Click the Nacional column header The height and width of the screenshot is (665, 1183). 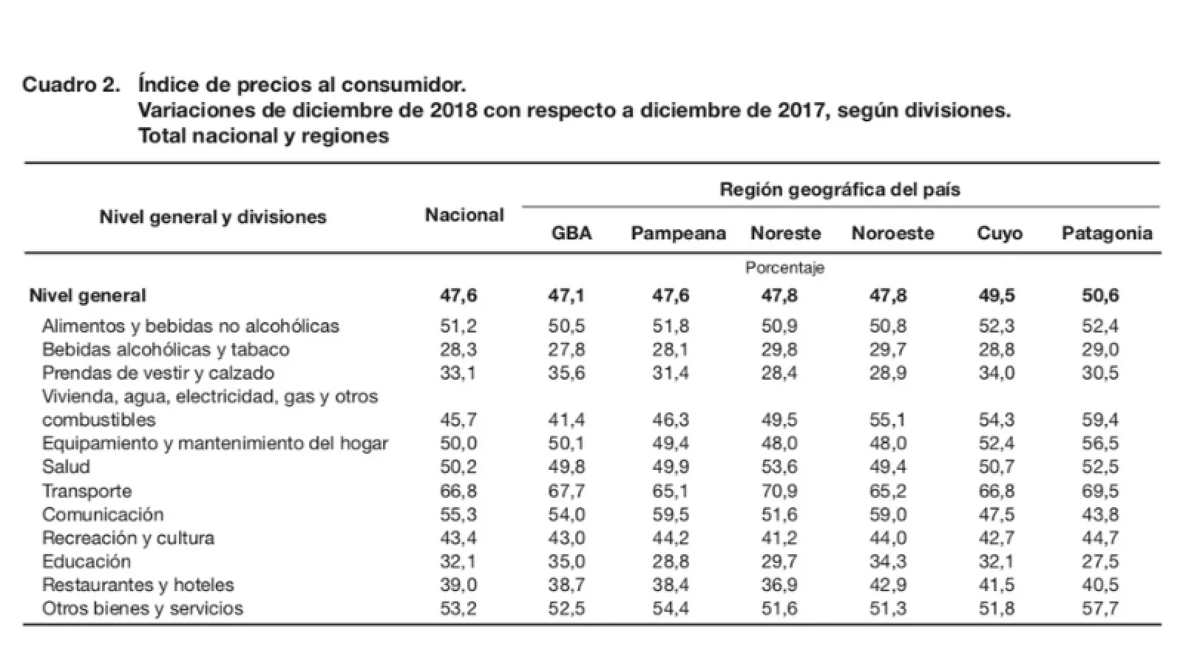pyautogui.click(x=464, y=215)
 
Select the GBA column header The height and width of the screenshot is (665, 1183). pyautogui.click(x=572, y=233)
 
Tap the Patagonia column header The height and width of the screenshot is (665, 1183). pyautogui.click(x=1107, y=233)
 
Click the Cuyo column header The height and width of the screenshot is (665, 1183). pyautogui.click(x=1000, y=233)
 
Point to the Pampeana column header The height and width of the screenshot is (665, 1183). pyautogui.click(x=678, y=233)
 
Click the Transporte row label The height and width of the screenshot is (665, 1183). pyautogui.click(x=87, y=491)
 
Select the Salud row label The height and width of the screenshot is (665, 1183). pyautogui.click(x=66, y=467)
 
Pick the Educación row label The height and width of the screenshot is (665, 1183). pyautogui.click(x=87, y=562)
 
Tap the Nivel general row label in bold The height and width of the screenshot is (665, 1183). pyautogui.click(x=87, y=296)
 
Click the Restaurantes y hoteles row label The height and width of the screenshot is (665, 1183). pyautogui.click(x=138, y=585)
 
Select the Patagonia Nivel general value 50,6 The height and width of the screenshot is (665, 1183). pyautogui.click(x=1100, y=296)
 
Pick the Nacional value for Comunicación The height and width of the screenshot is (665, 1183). pyautogui.click(x=458, y=514)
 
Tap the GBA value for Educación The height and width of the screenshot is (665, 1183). pyautogui.click(x=566, y=562)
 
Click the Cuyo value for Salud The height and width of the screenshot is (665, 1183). pyautogui.click(x=997, y=467)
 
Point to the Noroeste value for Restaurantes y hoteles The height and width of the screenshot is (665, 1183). pyautogui.click(x=888, y=585)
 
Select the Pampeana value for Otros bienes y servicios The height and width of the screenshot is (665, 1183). pyautogui.click(x=671, y=609)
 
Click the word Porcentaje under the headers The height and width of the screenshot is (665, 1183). pyautogui.click(x=784, y=267)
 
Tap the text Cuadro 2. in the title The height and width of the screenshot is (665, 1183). pyautogui.click(x=71, y=85)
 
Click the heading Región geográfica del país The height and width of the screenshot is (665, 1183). pyautogui.click(x=840, y=190)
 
